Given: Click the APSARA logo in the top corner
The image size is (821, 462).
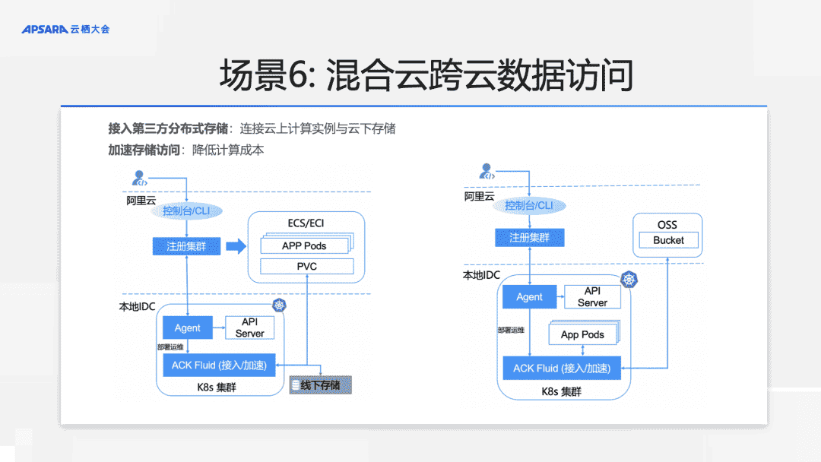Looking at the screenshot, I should [65, 30].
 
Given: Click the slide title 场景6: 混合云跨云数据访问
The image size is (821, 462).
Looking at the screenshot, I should [426, 76].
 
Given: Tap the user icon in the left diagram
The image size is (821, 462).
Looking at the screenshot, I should [139, 179].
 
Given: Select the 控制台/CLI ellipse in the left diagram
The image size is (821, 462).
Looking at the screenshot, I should [187, 210].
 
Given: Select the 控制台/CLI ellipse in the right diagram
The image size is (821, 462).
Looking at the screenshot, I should [529, 206].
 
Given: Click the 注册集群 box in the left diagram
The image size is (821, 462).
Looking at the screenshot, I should [186, 246].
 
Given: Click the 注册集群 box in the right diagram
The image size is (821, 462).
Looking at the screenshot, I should [529, 238].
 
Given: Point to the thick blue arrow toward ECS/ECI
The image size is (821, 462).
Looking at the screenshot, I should [236, 246].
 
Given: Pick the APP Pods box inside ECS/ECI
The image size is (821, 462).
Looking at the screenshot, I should [304, 245].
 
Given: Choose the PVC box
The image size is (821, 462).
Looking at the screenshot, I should [307, 267].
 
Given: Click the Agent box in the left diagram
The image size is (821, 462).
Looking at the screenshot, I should [188, 328].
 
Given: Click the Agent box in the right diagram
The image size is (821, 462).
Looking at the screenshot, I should [529, 297].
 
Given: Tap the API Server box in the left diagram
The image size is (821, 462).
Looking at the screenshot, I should [249, 328].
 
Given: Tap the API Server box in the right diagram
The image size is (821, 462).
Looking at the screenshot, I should [592, 297].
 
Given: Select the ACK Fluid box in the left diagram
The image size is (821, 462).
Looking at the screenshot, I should [219, 365].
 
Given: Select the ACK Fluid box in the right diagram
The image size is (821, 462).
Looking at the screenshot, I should [561, 369].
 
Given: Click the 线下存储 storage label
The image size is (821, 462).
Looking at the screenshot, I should [320, 386].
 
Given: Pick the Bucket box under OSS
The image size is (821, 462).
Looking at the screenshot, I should [668, 240].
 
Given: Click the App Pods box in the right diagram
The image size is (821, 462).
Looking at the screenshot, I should [582, 334].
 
